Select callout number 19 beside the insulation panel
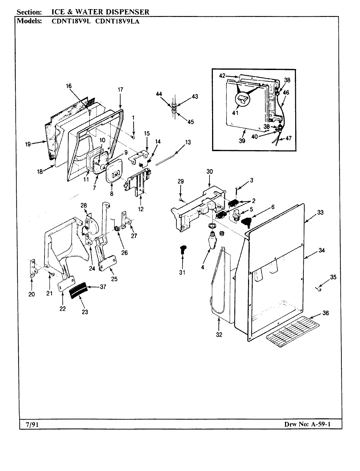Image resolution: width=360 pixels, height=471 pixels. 29,144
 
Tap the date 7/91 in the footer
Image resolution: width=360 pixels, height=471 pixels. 31,424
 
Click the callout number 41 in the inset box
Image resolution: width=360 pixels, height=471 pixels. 235,113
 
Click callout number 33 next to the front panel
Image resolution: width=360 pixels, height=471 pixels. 320,213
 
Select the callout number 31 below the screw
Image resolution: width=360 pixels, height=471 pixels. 182,272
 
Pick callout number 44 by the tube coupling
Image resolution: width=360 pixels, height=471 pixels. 159,94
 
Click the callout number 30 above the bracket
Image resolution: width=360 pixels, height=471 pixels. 209,171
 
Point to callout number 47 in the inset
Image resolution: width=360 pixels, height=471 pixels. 288,138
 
